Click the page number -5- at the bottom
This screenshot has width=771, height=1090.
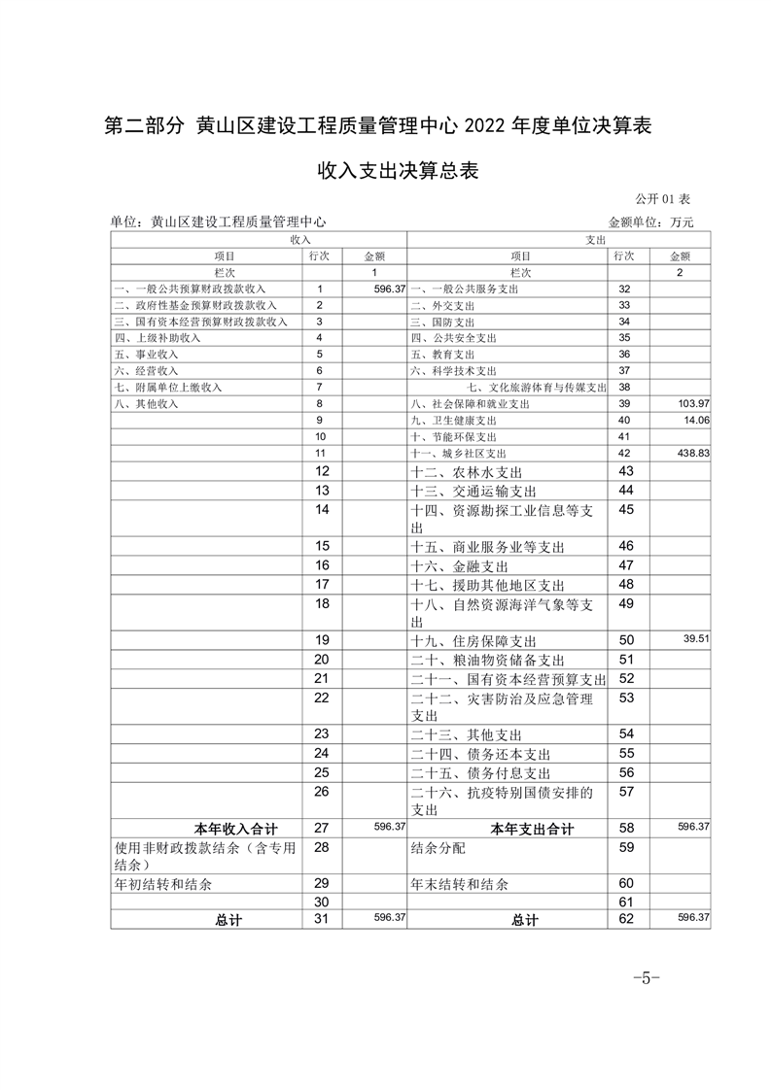pos(647,977)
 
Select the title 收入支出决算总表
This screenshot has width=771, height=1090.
pos(384,172)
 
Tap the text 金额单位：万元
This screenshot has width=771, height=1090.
pos(651,222)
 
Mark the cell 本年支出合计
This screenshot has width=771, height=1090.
pos(532,829)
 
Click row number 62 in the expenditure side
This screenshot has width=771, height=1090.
pos(626,919)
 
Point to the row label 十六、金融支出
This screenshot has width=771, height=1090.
pos(460,565)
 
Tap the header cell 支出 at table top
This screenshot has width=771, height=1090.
pos(595,239)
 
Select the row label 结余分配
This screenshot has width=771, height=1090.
pos(438,848)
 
